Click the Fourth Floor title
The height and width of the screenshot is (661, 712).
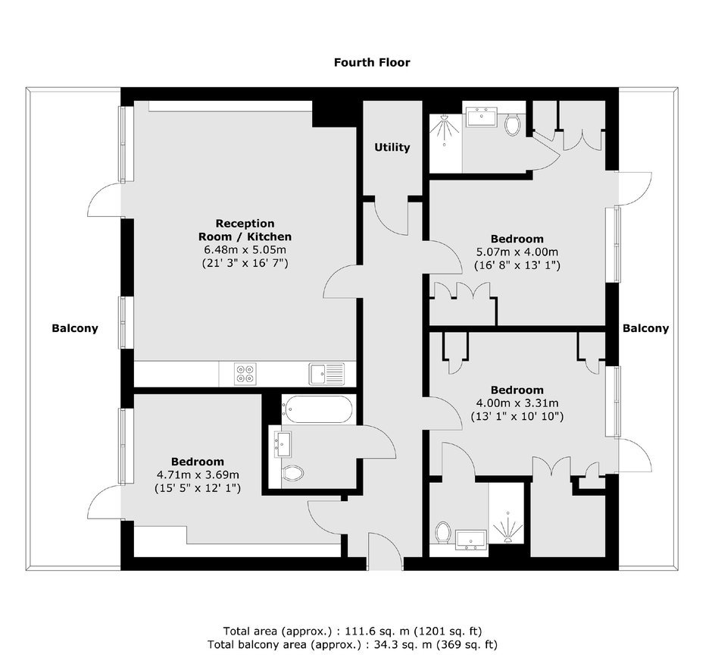[372, 62]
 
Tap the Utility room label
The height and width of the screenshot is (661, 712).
[392, 147]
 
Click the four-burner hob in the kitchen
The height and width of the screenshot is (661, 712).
[245, 374]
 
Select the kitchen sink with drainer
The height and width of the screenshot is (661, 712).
[326, 374]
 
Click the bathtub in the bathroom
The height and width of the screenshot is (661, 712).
[317, 409]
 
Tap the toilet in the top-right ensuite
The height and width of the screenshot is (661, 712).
[513, 124]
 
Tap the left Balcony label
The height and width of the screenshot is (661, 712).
[75, 328]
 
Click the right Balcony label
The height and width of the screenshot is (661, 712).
[645, 328]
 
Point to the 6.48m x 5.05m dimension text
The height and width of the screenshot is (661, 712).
[245, 250]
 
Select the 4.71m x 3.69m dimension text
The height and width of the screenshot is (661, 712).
[198, 475]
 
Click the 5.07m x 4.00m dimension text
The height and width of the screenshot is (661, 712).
[517, 252]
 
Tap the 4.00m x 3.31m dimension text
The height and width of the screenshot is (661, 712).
[517, 403]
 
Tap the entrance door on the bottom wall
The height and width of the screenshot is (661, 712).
[385, 552]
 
